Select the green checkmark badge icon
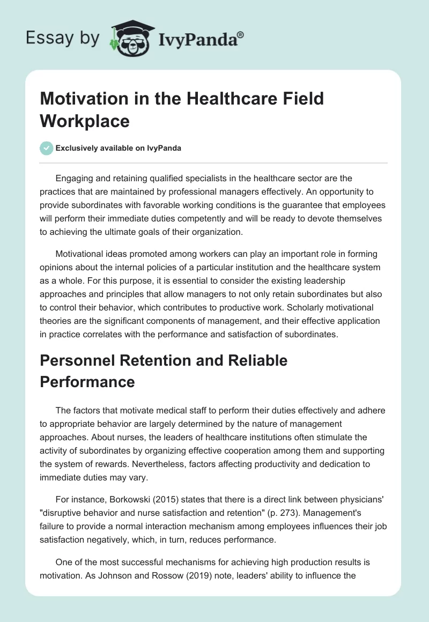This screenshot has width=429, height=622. [46, 148]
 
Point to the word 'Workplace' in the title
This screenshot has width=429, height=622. [85, 121]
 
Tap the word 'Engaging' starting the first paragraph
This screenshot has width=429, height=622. [75, 178]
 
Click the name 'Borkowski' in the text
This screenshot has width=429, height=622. [123, 501]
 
